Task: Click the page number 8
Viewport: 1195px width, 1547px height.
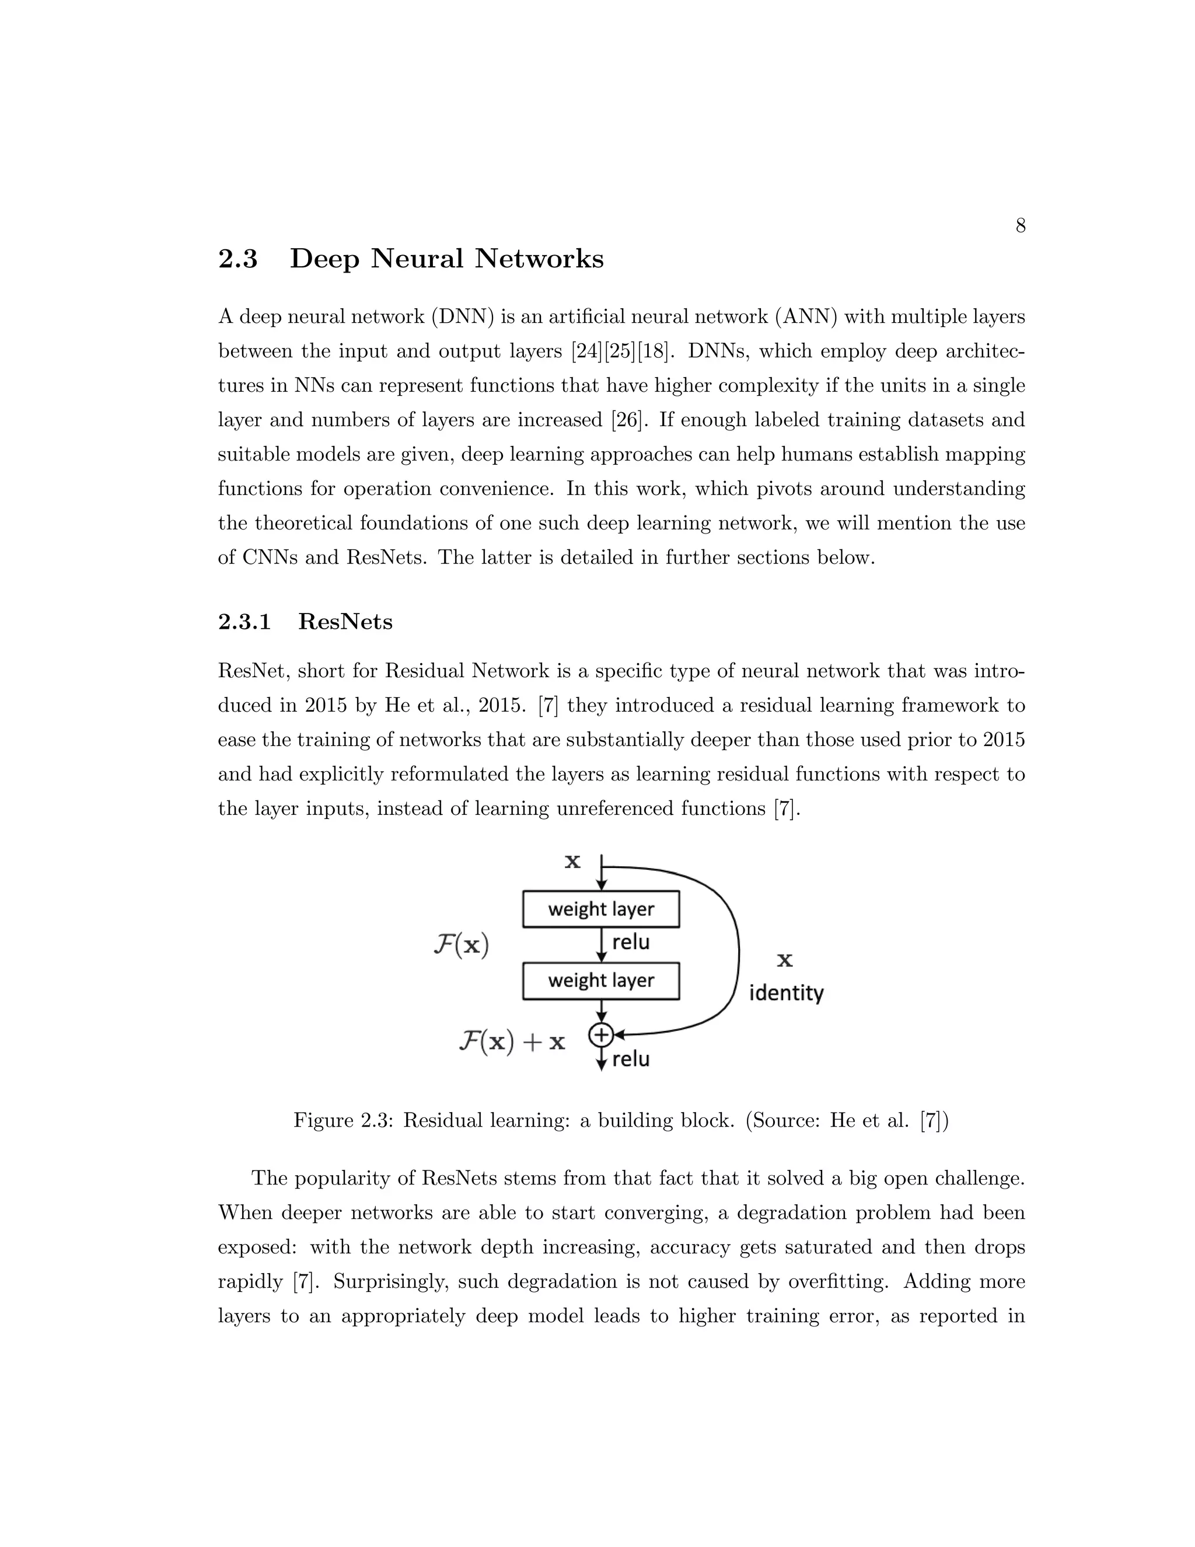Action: click(1020, 226)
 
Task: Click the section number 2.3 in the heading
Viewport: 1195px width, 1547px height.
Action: click(238, 259)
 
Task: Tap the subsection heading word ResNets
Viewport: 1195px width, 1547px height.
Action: click(345, 621)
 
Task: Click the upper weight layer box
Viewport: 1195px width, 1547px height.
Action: click(600, 909)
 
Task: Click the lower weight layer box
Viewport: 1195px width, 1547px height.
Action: click(600, 980)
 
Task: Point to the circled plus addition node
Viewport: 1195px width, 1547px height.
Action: click(600, 1036)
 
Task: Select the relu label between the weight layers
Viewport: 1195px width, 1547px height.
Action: click(630, 942)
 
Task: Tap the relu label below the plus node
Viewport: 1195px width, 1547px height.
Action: click(630, 1059)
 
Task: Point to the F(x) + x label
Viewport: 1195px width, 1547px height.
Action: click(511, 1041)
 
